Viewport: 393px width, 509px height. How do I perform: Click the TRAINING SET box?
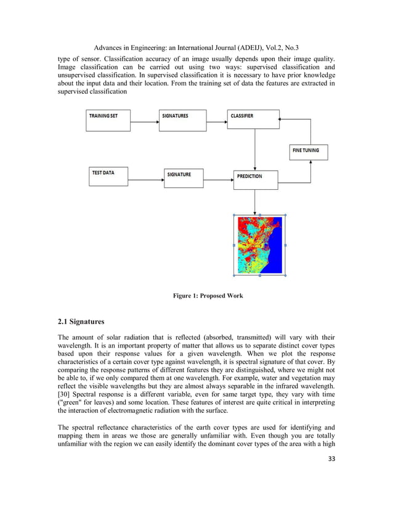(x=108, y=121)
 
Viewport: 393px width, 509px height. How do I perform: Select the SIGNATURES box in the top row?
(x=183, y=121)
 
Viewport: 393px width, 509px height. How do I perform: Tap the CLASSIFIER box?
(x=254, y=121)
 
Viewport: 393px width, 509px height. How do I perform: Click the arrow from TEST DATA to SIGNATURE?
(x=147, y=181)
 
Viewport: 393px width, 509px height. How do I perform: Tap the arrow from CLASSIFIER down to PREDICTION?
(x=254, y=150)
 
